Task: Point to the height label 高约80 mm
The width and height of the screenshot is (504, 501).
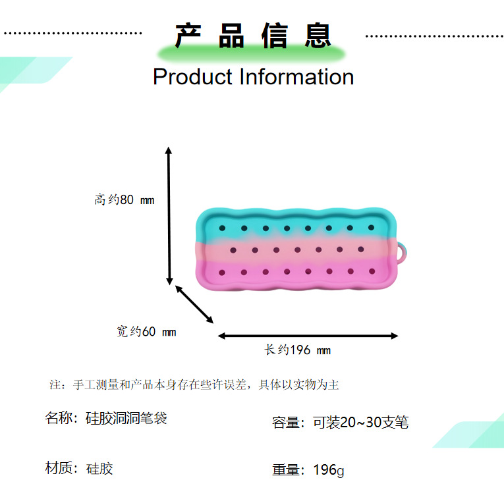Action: pos(124,199)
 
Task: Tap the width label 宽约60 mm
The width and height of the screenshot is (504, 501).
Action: pos(146,332)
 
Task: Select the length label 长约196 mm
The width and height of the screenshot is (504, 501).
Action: pos(297,350)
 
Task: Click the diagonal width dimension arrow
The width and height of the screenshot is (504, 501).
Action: pos(194,304)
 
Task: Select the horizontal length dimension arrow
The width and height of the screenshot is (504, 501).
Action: pos(308,336)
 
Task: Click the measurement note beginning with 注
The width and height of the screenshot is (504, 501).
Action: pos(194,385)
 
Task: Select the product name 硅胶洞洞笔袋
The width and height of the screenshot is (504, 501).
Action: pos(126,418)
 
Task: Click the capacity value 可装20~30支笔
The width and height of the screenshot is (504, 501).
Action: pos(360,423)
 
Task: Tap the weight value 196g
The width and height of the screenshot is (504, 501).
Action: pos(328,470)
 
